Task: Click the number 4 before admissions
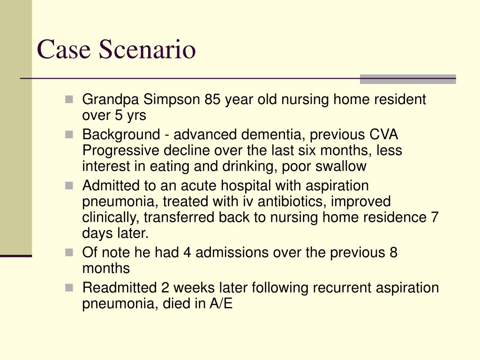point(187,253)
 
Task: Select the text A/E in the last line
point(221,304)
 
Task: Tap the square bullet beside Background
point(69,135)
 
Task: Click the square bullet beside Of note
point(69,252)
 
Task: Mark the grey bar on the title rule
point(407,79)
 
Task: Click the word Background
point(120,135)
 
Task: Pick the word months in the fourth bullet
point(105,269)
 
